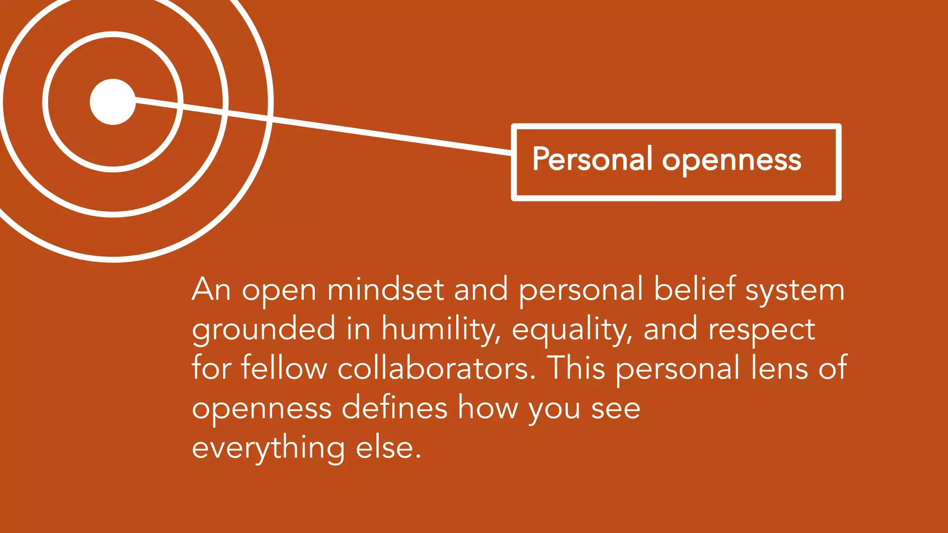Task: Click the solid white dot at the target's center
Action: coord(112,102)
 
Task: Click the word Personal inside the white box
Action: coord(592,159)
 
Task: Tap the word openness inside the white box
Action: coord(731,161)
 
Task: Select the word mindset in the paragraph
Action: coord(386,290)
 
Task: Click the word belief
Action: coord(694,289)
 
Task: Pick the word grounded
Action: coord(263,330)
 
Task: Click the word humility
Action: coord(441,330)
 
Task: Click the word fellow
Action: coord(284,368)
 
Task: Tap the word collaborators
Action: coord(436,368)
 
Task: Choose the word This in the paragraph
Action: coord(576,368)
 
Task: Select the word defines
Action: coord(394,408)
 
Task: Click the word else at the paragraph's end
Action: coord(388,448)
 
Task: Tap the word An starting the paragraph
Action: coord(211,290)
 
